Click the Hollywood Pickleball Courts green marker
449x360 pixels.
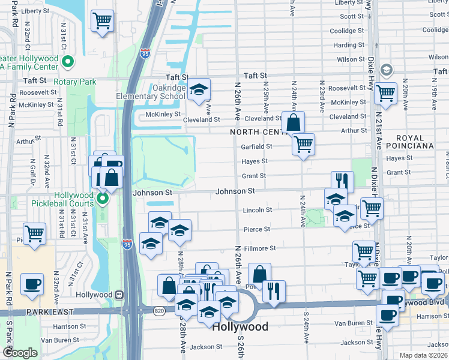click(x=103, y=197)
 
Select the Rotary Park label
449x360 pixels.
click(x=74, y=82)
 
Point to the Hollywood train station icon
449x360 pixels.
click(x=119, y=295)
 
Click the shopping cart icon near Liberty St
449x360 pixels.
click(x=103, y=21)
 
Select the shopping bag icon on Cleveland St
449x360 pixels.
click(x=293, y=123)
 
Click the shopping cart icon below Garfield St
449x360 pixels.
click(x=304, y=144)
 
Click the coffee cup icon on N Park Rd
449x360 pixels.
click(x=32, y=284)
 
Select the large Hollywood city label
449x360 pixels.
click(x=241, y=327)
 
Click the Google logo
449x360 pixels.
click(x=20, y=353)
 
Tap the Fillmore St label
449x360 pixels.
click(x=259, y=248)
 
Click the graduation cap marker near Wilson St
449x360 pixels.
click(x=387, y=70)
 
